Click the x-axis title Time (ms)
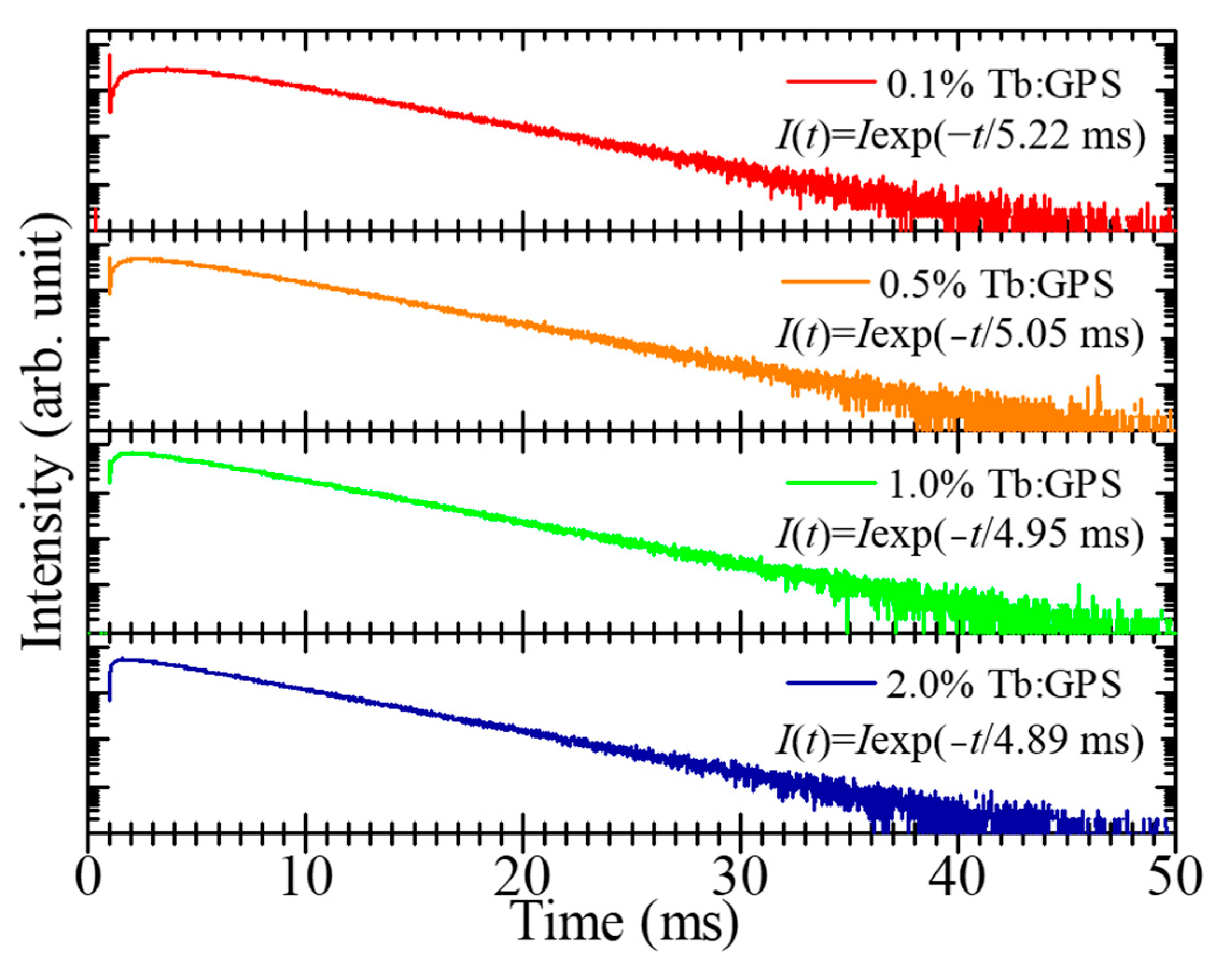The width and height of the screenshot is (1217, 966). (x=627, y=922)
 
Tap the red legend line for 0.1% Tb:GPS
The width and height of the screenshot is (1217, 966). (x=830, y=82)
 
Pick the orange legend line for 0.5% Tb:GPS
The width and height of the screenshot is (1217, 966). (x=826, y=281)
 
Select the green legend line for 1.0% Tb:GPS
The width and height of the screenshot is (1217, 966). (x=830, y=482)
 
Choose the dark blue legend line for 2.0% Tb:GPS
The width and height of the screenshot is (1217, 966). (x=830, y=683)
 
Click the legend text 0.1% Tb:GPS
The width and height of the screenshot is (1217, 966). (x=1004, y=85)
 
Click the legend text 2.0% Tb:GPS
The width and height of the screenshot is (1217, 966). (x=1004, y=685)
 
